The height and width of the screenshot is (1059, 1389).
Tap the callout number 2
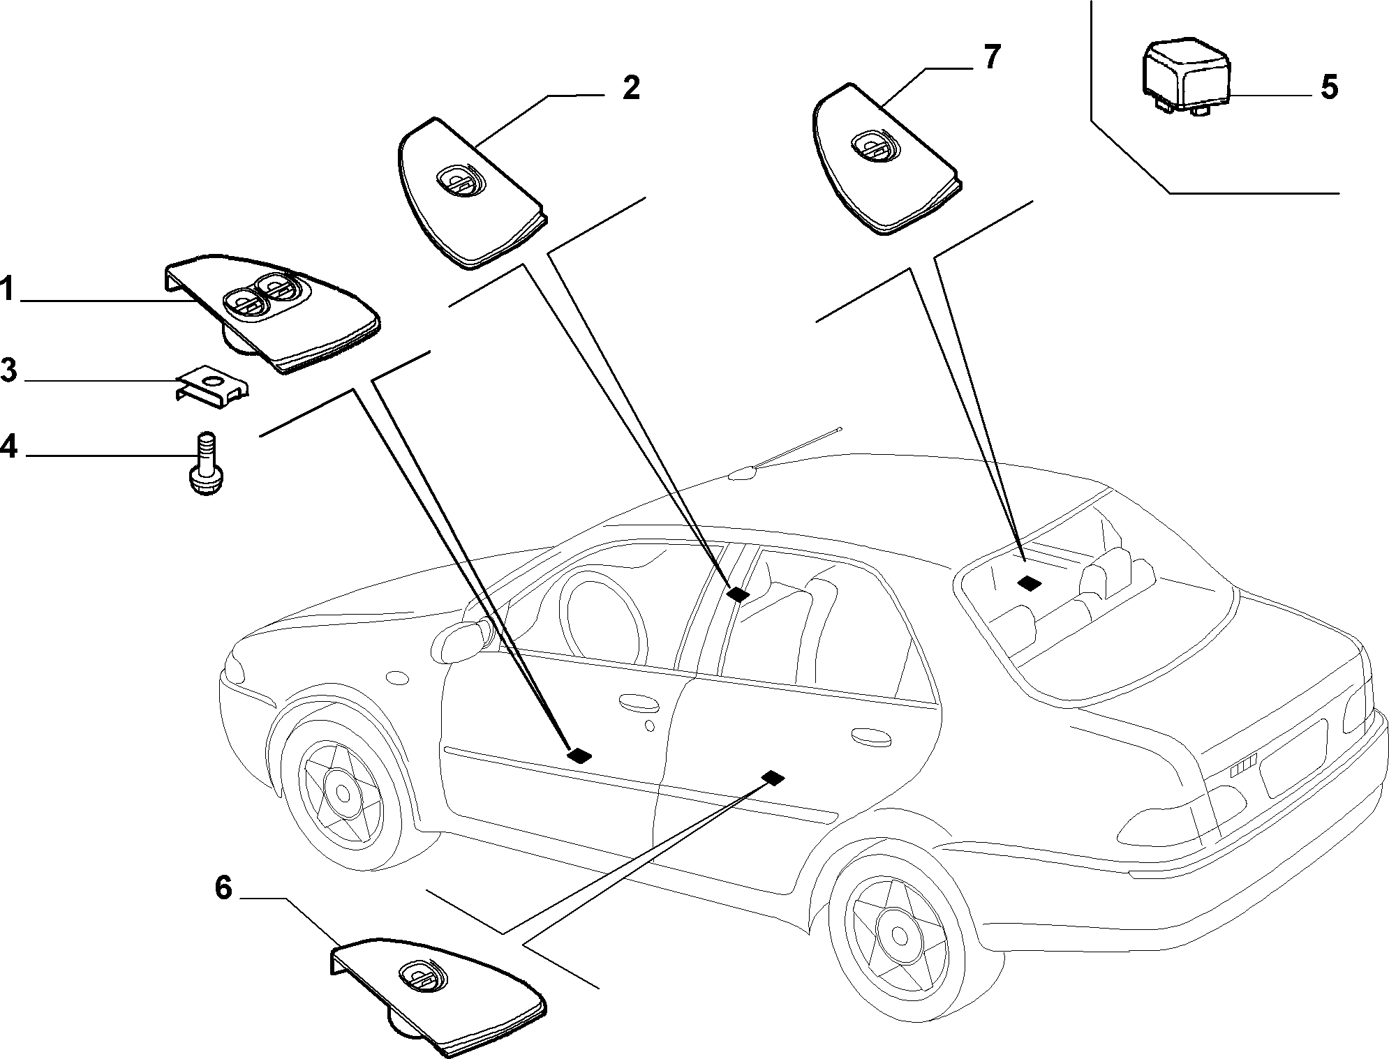point(630,89)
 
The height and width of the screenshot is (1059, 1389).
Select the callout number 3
point(8,370)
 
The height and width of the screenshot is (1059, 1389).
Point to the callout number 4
point(8,444)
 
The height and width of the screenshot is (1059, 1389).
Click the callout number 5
point(1328,88)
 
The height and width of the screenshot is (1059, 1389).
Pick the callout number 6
point(223,889)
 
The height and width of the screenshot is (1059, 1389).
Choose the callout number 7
point(991,57)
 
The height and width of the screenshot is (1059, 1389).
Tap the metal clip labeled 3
point(213,388)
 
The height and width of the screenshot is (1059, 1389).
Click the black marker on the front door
point(580,754)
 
